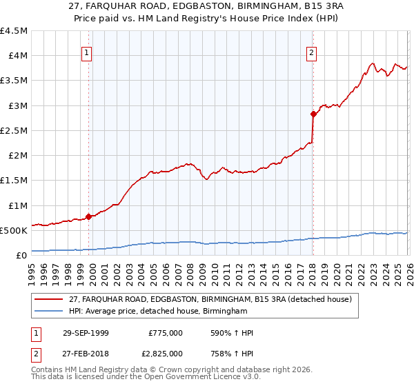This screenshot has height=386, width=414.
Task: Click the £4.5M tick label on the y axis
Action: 14,31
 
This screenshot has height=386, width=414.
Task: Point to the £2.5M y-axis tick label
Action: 14,131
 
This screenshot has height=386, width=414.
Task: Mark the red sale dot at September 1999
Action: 88,216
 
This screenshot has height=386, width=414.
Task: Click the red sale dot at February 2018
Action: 313,114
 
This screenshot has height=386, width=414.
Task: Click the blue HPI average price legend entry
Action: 158,312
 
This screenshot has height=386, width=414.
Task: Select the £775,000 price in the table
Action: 165,333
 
